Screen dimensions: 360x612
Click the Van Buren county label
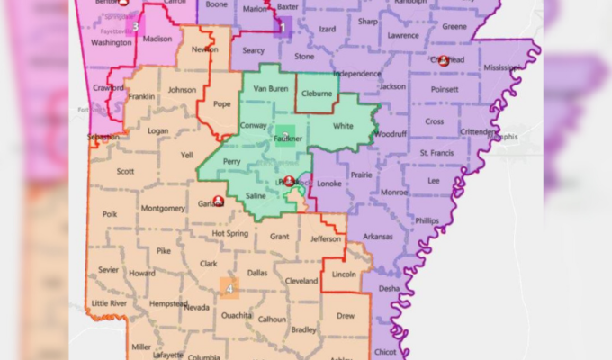click(270, 89)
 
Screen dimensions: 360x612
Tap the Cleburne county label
click(317, 93)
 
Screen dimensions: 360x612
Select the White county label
click(343, 126)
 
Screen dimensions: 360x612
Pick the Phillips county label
click(427, 220)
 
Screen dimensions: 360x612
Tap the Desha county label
click(389, 288)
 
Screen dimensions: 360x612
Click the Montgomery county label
click(163, 208)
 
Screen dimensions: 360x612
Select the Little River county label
click(110, 303)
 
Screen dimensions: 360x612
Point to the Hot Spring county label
click(229, 234)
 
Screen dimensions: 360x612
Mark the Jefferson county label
click(326, 238)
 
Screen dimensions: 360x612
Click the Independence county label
click(363, 73)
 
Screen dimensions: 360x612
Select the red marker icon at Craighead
click(444, 60)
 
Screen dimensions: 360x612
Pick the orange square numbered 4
click(229, 288)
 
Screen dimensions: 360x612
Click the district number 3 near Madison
click(135, 26)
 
